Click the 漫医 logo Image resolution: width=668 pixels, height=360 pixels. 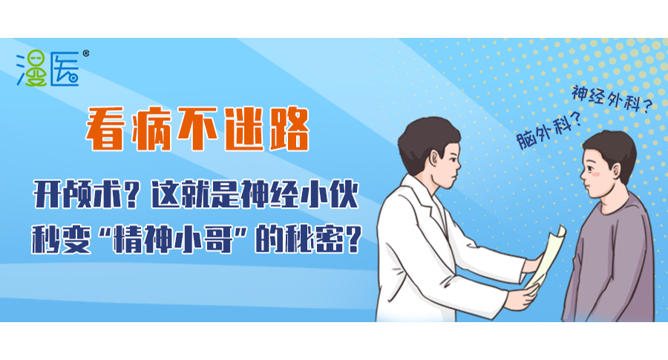tap(48, 68)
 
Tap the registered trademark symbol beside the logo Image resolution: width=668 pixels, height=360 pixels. tap(86, 53)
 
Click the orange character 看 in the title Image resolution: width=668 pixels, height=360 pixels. tap(105, 128)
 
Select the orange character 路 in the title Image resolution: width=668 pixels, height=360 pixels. tap(289, 128)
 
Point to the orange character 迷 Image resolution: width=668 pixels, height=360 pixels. tap(243, 128)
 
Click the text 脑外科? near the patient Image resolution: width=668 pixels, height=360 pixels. tap(549, 130)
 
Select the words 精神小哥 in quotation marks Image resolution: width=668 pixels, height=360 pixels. tap(172, 240)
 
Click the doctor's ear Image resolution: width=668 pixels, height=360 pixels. tap(434, 160)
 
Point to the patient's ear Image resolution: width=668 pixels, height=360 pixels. tap(617, 171)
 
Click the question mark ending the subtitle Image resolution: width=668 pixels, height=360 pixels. tap(354, 240)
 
